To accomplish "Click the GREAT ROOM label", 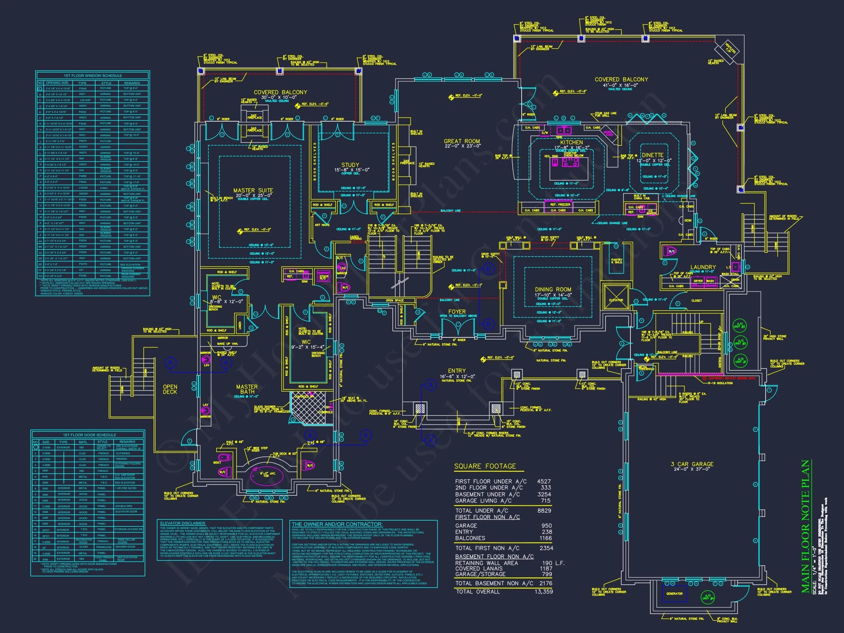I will (x=462, y=141).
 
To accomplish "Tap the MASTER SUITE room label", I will (x=253, y=190).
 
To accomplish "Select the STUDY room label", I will (x=350, y=165).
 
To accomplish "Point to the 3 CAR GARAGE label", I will (x=692, y=464).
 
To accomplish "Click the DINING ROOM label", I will (x=553, y=289).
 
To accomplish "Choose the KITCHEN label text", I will (x=571, y=142).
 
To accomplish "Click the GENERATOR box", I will (x=674, y=593).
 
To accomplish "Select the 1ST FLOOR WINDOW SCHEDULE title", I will (x=93, y=75).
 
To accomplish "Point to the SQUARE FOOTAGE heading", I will (x=485, y=466).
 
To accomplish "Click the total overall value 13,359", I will (x=543, y=591).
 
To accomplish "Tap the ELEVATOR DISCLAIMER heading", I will (x=183, y=523).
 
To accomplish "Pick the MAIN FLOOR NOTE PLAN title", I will (x=806, y=526).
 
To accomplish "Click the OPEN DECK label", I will (x=170, y=389).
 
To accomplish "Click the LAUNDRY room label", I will (x=703, y=267).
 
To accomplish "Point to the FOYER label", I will (x=457, y=312).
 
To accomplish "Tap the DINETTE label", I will (x=652, y=155).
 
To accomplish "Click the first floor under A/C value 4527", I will (x=544, y=481).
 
